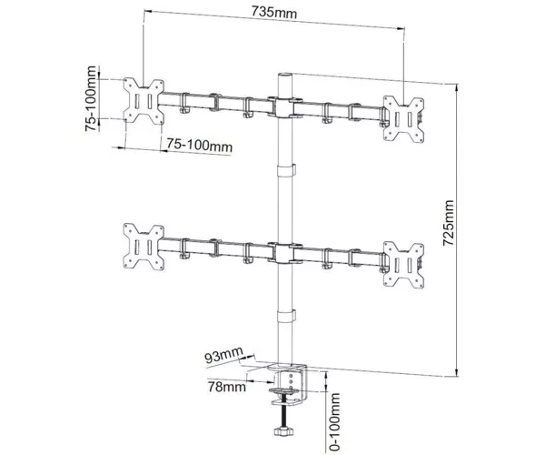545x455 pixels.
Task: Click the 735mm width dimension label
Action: [x=274, y=13]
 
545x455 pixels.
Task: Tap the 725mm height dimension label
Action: [x=449, y=223]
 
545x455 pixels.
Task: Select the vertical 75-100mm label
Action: [x=91, y=98]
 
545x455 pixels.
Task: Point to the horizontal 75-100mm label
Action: [x=200, y=146]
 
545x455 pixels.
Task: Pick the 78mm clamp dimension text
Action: [x=226, y=387]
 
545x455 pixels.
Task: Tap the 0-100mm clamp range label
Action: [x=334, y=422]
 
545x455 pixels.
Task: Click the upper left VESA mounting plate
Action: [x=144, y=101]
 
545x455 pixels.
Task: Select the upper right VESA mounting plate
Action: [x=403, y=119]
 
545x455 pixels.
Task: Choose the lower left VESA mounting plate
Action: [x=144, y=247]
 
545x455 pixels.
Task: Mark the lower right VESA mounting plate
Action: [x=403, y=265]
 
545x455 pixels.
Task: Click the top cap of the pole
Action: [x=285, y=76]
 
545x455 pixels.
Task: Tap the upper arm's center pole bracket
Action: [x=285, y=107]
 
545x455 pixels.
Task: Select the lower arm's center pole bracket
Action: [x=285, y=254]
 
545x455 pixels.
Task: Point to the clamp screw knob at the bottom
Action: [x=284, y=431]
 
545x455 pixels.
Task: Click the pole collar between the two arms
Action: [x=286, y=170]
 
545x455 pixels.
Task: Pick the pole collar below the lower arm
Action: [x=286, y=316]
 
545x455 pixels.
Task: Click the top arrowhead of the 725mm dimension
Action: [x=457, y=87]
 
